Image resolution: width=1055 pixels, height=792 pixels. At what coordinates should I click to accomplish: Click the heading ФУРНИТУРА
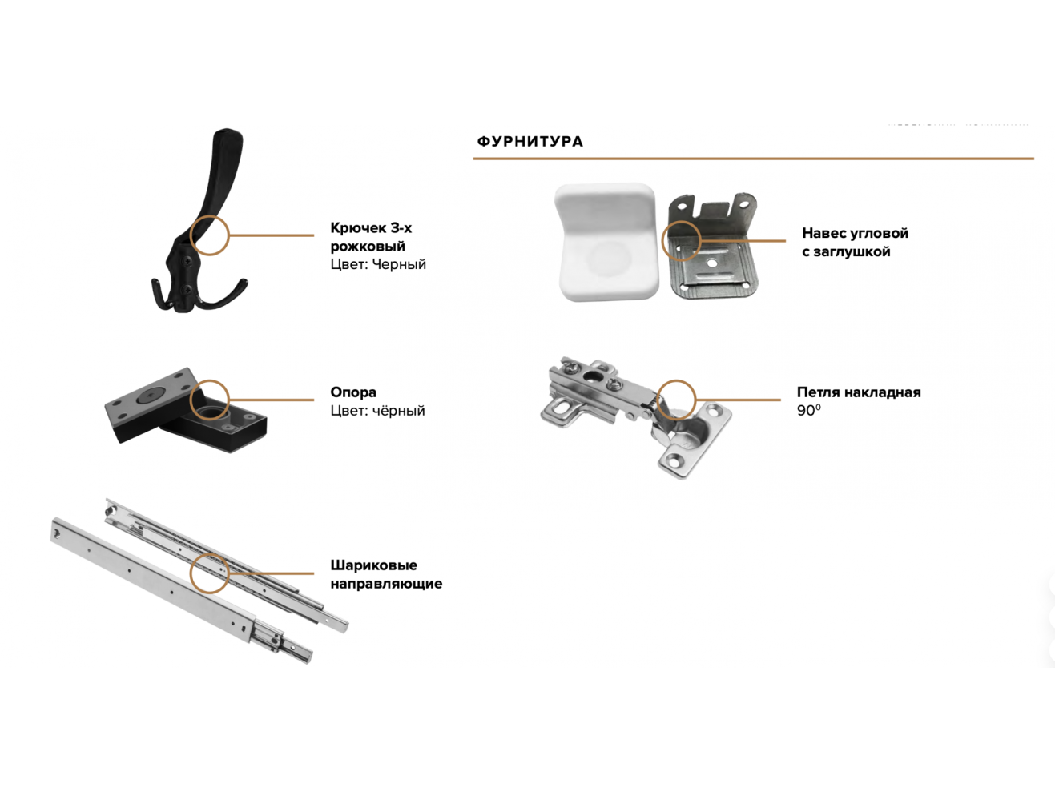click(530, 141)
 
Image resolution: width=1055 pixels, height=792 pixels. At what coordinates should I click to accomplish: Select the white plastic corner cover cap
click(607, 242)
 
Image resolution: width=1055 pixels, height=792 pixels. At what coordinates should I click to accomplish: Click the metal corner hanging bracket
click(713, 246)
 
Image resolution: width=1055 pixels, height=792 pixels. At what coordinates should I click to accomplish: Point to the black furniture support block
click(186, 411)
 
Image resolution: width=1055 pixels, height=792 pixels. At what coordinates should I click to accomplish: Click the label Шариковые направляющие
click(386, 574)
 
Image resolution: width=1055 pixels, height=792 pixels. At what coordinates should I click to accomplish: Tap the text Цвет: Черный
click(378, 264)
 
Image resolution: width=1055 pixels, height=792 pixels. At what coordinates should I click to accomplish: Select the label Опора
click(352, 392)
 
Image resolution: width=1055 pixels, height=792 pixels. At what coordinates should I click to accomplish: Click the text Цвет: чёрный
click(377, 411)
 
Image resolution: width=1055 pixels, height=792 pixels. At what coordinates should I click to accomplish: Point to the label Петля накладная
click(859, 392)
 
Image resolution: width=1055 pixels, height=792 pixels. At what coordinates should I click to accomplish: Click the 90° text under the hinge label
click(808, 411)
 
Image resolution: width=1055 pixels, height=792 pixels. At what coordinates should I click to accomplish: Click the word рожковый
click(368, 247)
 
